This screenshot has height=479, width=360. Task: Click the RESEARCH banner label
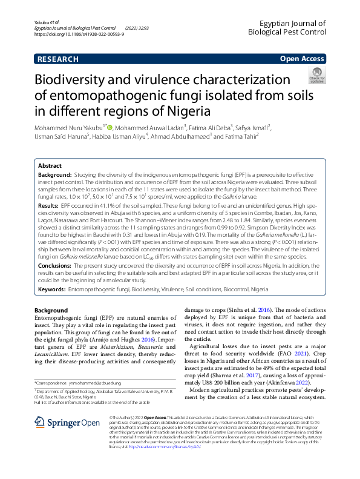click(57, 59)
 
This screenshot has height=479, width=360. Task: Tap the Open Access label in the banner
click(301, 59)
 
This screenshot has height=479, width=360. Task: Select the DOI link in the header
click(79, 35)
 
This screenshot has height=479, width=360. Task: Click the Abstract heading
click(50, 165)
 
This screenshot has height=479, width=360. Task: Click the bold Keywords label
click(51, 290)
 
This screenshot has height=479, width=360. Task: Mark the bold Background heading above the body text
click(51, 310)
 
